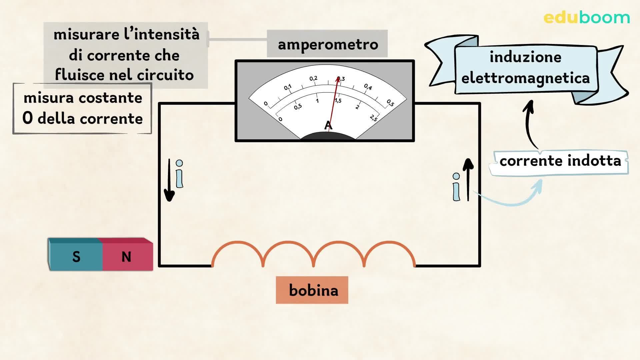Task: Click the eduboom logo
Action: click(586, 18)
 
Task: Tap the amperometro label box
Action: click(327, 44)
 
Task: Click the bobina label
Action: click(312, 290)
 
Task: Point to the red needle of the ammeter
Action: click(334, 103)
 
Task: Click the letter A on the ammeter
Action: click(328, 126)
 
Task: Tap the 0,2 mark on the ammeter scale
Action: click(313, 79)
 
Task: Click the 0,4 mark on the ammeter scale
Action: click(368, 87)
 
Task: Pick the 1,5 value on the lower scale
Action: click(338, 100)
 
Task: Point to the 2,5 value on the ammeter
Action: click(374, 118)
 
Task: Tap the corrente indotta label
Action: click(560, 161)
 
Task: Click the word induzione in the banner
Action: click(525, 57)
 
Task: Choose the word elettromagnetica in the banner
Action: click(525, 78)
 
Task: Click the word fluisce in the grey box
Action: click(80, 75)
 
